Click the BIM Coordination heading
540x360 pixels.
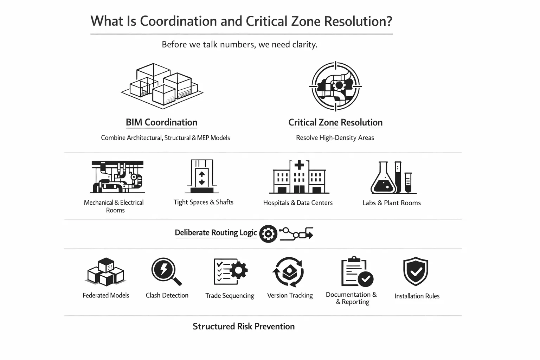pyautogui.click(x=161, y=122)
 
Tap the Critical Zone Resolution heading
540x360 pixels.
pyautogui.click(x=335, y=122)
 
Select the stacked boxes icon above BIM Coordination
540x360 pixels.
pyautogui.click(x=162, y=84)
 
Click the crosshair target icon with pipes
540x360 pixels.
pyautogui.click(x=335, y=86)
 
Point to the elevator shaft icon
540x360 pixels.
pyautogui.click(x=202, y=176)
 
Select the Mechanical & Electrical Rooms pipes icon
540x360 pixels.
pyautogui.click(x=117, y=177)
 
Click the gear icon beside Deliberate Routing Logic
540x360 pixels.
pyautogui.click(x=268, y=234)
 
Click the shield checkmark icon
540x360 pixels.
pyautogui.click(x=416, y=271)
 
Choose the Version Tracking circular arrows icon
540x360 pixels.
pyautogui.click(x=289, y=272)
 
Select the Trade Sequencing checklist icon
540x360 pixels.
pyautogui.click(x=230, y=272)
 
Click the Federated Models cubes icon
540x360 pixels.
pyautogui.click(x=105, y=272)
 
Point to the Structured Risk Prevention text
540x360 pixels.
pyautogui.click(x=244, y=326)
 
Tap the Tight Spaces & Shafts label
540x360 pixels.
pyautogui.click(x=203, y=202)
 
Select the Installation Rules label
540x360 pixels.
pyautogui.click(x=417, y=296)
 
